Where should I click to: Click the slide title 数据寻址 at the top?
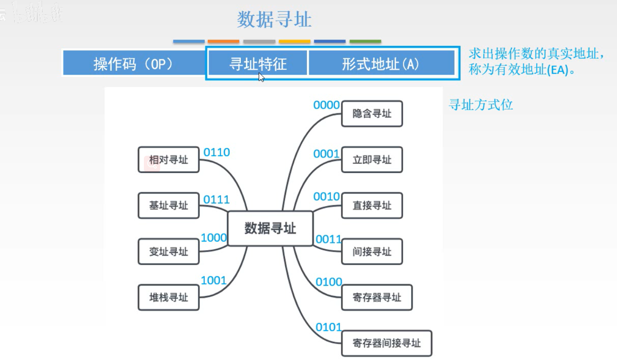(x=274, y=20)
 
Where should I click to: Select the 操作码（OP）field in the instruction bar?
(x=133, y=64)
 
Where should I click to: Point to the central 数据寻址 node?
(x=270, y=228)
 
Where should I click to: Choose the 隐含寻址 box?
(x=372, y=114)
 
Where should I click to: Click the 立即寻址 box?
(x=372, y=160)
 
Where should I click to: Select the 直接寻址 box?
(x=372, y=206)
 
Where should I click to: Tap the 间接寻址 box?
(x=372, y=251)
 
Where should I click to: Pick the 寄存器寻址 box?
(x=377, y=297)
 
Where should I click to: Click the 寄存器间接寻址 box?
(x=386, y=343)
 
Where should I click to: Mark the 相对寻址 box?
(x=168, y=160)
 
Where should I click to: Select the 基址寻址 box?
(x=168, y=206)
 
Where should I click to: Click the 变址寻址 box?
(x=168, y=251)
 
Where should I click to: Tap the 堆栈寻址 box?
(x=168, y=297)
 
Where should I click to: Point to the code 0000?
(x=326, y=105)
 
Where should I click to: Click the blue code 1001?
(x=213, y=281)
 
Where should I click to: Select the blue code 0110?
(x=216, y=152)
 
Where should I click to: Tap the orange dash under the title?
(x=223, y=42)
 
